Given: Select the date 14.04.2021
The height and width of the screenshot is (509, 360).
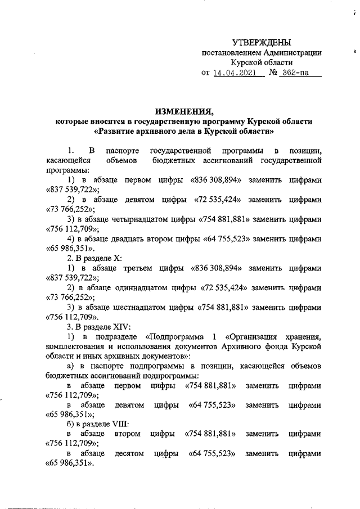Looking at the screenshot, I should tap(236, 73).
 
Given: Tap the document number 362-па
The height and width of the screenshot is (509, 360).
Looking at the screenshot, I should tap(297, 73).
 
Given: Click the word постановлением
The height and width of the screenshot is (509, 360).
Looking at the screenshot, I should tap(231, 52).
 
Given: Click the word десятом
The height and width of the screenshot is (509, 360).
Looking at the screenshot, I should tap(129, 455).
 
